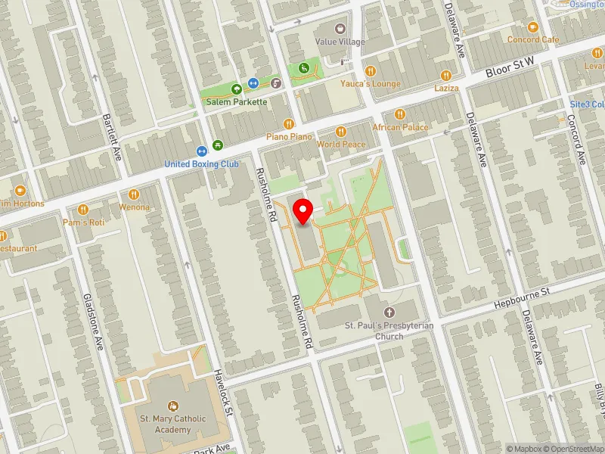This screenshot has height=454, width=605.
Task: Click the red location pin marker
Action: coord(303,211)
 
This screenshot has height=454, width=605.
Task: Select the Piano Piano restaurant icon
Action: coord(288,124)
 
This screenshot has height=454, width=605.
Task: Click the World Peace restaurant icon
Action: coord(340,131)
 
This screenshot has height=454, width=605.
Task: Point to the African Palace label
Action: coord(400,127)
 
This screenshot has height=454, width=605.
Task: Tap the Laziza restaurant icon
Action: coord(446,75)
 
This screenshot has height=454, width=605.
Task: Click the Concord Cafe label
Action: coord(532,39)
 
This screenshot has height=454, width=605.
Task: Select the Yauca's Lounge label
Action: coord(370,83)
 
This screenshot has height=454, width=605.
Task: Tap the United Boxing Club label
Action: coord(202,164)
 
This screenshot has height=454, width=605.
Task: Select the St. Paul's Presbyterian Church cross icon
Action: coord(389,312)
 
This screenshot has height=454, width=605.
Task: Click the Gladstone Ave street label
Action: coord(93,321)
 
